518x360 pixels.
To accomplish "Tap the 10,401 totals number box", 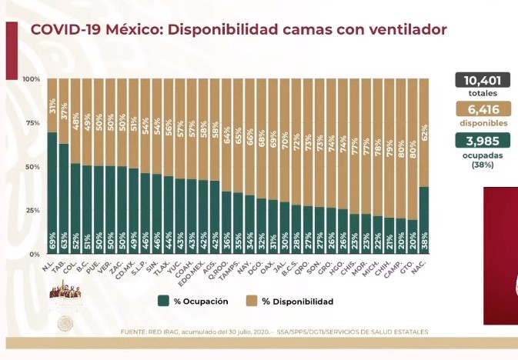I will [484, 80].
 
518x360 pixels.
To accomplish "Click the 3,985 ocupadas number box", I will [484, 141].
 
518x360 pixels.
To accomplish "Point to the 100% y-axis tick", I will [32, 79].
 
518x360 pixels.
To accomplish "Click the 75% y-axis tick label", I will [33, 123].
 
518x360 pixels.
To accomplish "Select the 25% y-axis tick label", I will [33, 210].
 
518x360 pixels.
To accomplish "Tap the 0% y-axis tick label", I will [35, 254].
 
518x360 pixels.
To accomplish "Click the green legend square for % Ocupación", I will [164, 302].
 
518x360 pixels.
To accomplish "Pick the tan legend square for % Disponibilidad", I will [252, 302].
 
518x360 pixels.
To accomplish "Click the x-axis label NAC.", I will [421, 265].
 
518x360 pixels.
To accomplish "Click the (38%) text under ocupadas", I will [484, 164].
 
